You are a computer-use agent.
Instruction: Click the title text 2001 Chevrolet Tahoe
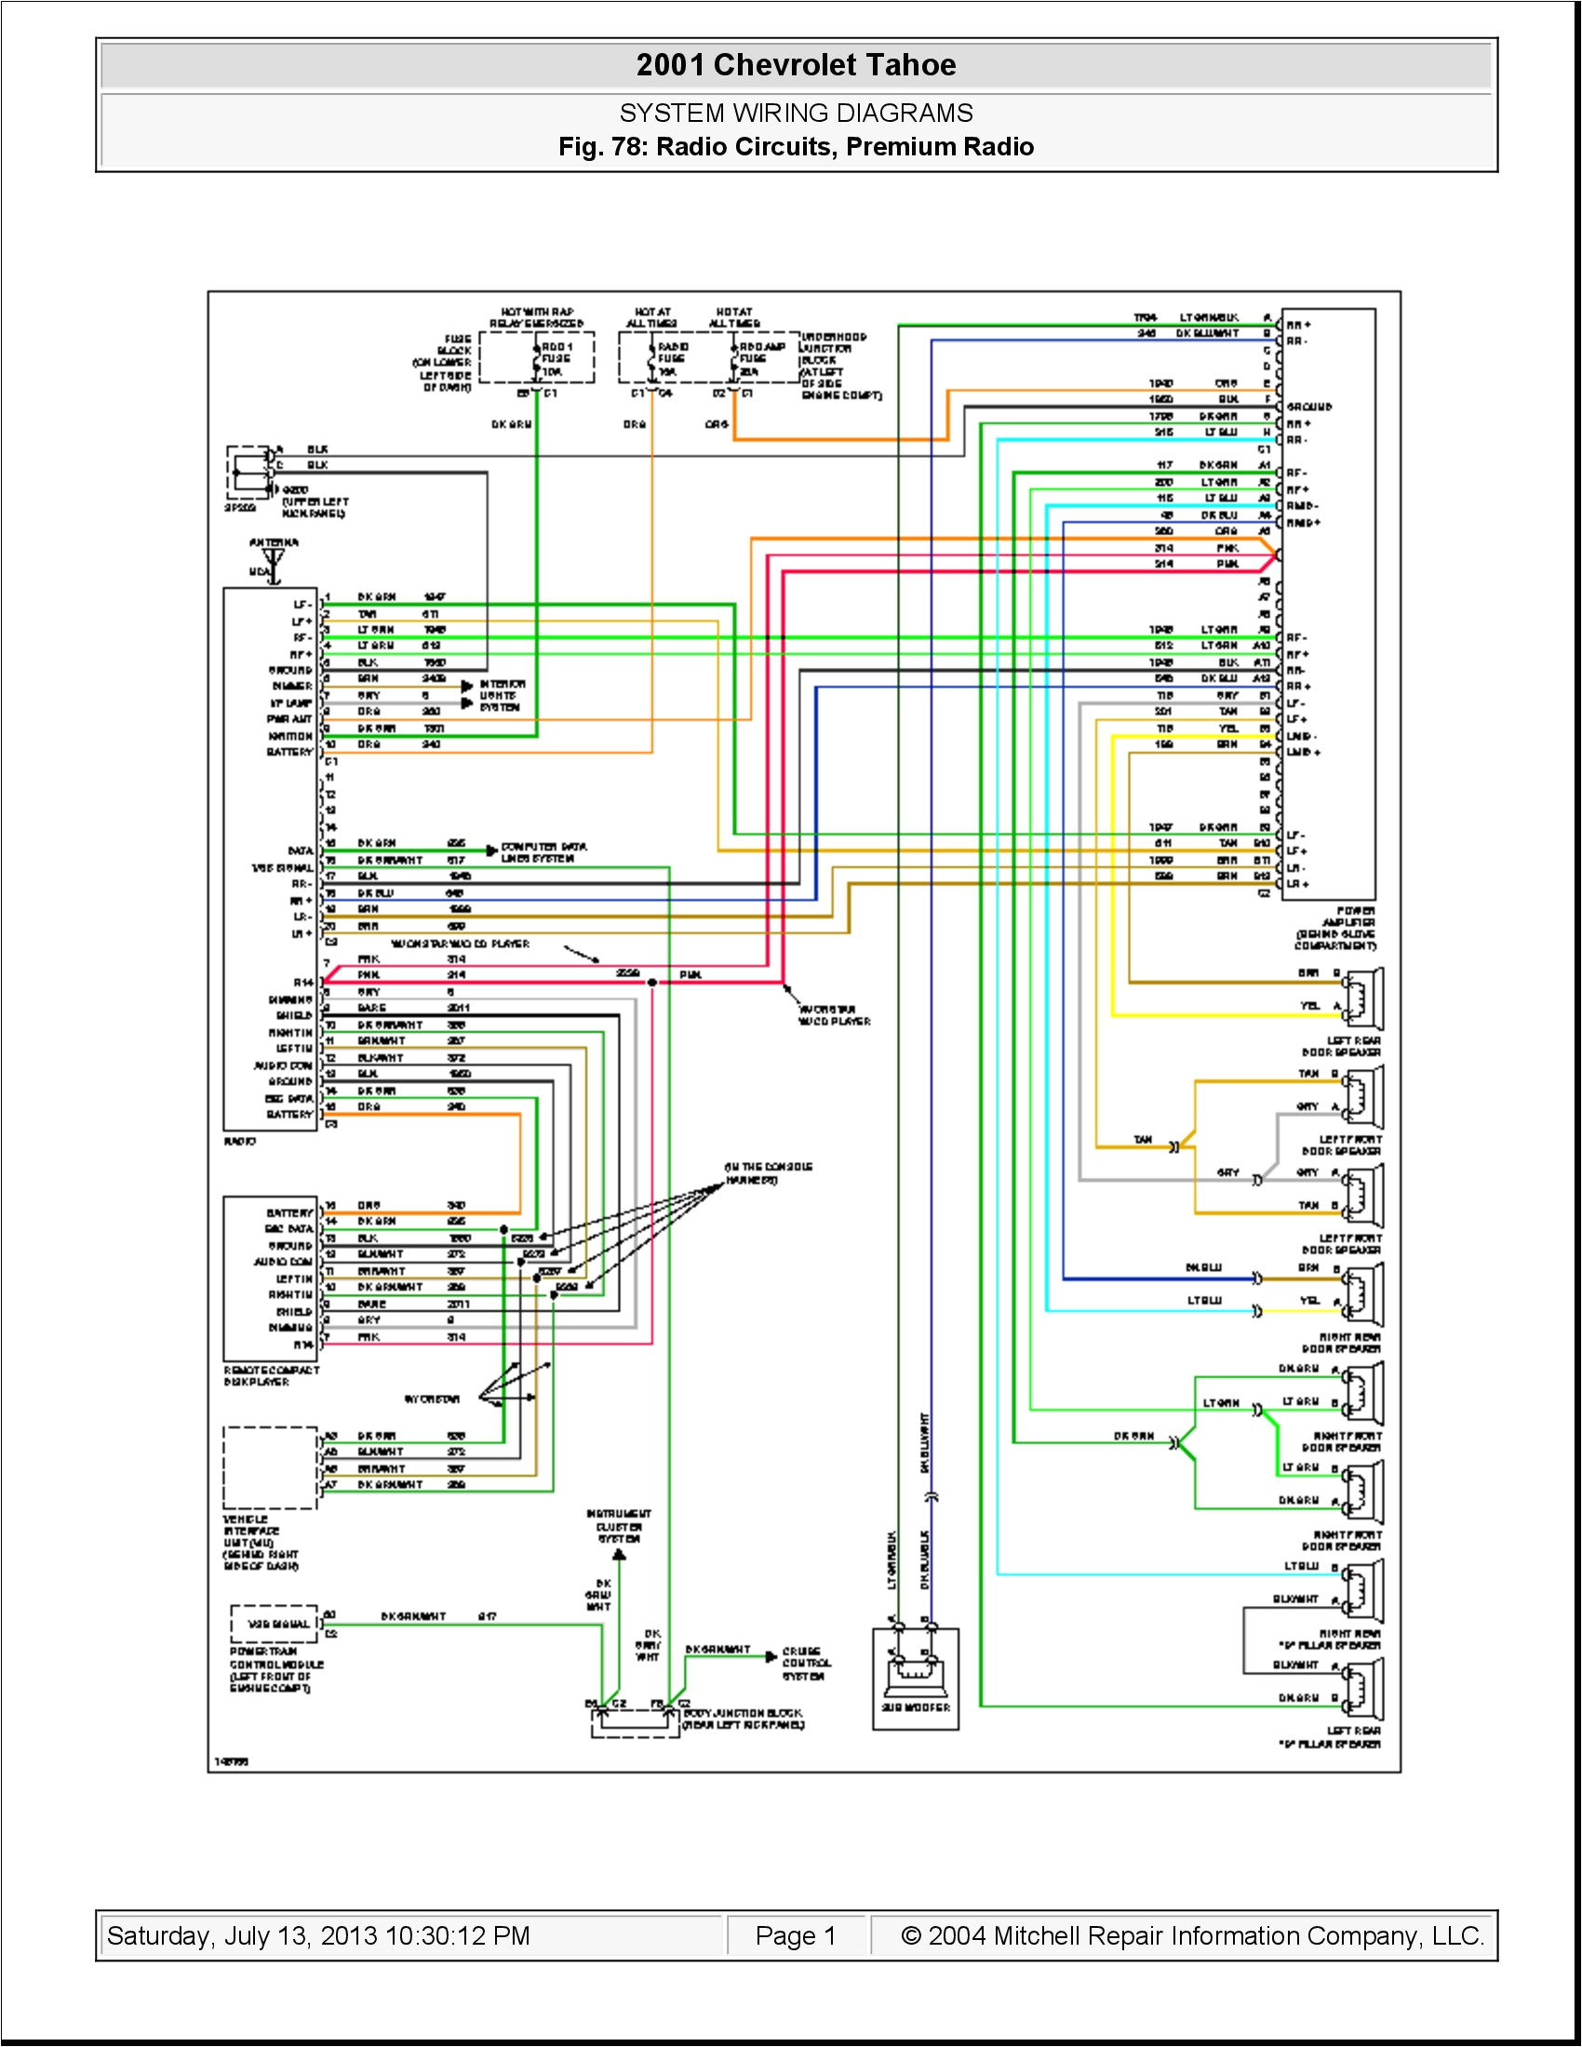pyautogui.click(x=796, y=65)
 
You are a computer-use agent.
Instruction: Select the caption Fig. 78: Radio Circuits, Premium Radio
pyautogui.click(x=796, y=146)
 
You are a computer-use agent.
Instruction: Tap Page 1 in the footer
pyautogui.click(x=795, y=1935)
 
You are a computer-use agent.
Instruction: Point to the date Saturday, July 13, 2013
pyautogui.click(x=317, y=1935)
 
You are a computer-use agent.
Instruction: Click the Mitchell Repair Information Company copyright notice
pyautogui.click(x=1191, y=1935)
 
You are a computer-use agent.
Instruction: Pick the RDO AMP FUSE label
pyautogui.click(x=761, y=353)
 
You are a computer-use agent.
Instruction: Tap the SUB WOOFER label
pyautogui.click(x=916, y=1707)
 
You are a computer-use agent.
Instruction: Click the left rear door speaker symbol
pyautogui.click(x=1362, y=998)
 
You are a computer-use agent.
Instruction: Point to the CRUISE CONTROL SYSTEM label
pyautogui.click(x=803, y=1664)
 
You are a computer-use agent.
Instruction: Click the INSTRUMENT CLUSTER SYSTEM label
pyautogui.click(x=619, y=1526)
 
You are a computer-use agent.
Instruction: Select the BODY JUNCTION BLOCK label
pyautogui.click(x=743, y=1718)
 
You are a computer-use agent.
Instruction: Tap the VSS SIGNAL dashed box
pyautogui.click(x=275, y=1624)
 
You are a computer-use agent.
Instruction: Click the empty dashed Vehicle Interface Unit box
pyautogui.click(x=270, y=1467)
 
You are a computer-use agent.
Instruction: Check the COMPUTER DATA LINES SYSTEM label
pyautogui.click(x=543, y=852)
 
